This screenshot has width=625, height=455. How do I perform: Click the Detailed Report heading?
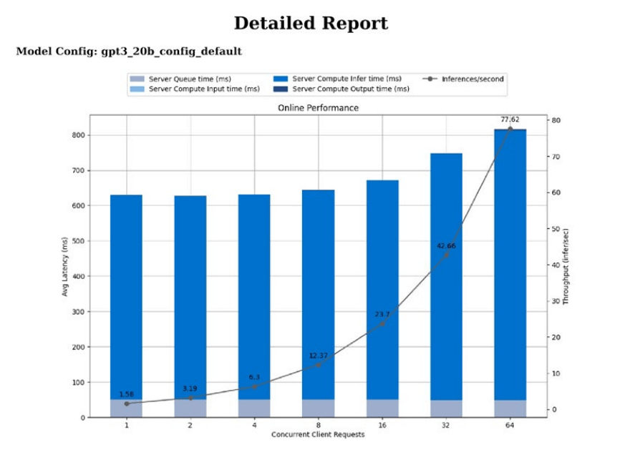point(311,23)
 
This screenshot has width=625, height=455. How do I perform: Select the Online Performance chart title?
point(318,107)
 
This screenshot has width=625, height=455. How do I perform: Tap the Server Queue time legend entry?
point(194,79)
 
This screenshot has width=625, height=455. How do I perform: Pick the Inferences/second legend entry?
point(473,79)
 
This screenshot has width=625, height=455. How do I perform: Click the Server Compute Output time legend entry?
point(350,89)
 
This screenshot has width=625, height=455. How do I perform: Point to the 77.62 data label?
point(510,120)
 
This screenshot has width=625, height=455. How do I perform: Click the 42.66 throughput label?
point(446,246)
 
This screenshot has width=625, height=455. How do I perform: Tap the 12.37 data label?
point(319,356)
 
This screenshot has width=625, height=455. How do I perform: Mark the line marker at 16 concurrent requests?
point(382,323)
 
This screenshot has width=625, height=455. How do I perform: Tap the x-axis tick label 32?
point(446,425)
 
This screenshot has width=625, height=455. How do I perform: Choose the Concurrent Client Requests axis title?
point(318,434)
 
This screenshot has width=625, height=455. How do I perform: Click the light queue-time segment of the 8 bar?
point(318,408)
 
